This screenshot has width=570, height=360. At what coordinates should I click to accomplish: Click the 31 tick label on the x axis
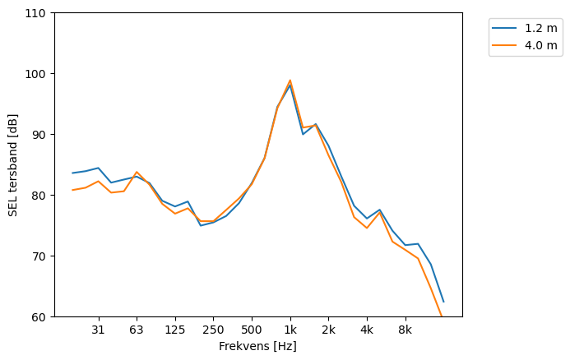98,330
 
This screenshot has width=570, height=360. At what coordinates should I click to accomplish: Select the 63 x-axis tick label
137,330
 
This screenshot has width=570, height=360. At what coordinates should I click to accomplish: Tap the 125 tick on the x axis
174,330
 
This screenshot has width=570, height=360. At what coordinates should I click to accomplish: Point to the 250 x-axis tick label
213,330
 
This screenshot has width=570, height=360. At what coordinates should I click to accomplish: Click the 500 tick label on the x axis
252,330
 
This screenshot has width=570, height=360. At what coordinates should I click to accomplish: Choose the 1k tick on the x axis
290,330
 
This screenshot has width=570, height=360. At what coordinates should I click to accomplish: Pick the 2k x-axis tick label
328,330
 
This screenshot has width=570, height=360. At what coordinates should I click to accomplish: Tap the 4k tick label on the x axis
367,330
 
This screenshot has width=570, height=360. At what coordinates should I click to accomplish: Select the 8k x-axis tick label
405,330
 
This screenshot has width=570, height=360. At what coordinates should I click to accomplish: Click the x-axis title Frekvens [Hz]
257,347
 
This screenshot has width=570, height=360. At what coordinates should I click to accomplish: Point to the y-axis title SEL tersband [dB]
12,164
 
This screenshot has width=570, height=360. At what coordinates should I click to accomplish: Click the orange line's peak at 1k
290,81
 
